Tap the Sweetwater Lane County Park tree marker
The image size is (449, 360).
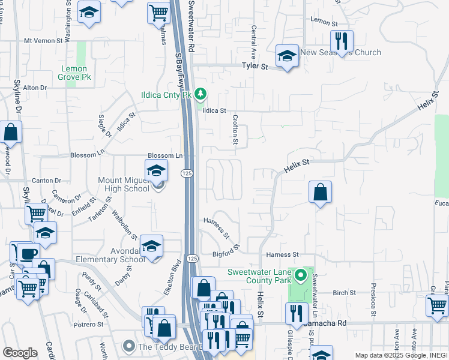[301, 277]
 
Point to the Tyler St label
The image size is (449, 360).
[255, 66]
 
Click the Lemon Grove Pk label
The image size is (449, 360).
[74, 73]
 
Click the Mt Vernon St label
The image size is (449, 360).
[43, 41]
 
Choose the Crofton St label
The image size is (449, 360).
[235, 131]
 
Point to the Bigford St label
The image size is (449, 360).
[227, 251]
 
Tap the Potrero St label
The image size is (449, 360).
[89, 324]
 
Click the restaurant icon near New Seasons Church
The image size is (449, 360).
[341, 41]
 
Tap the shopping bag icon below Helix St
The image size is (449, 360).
[321, 193]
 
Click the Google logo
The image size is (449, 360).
[19, 353]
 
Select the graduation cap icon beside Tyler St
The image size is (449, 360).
[287, 57]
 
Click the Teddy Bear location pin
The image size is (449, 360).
[128, 346]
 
